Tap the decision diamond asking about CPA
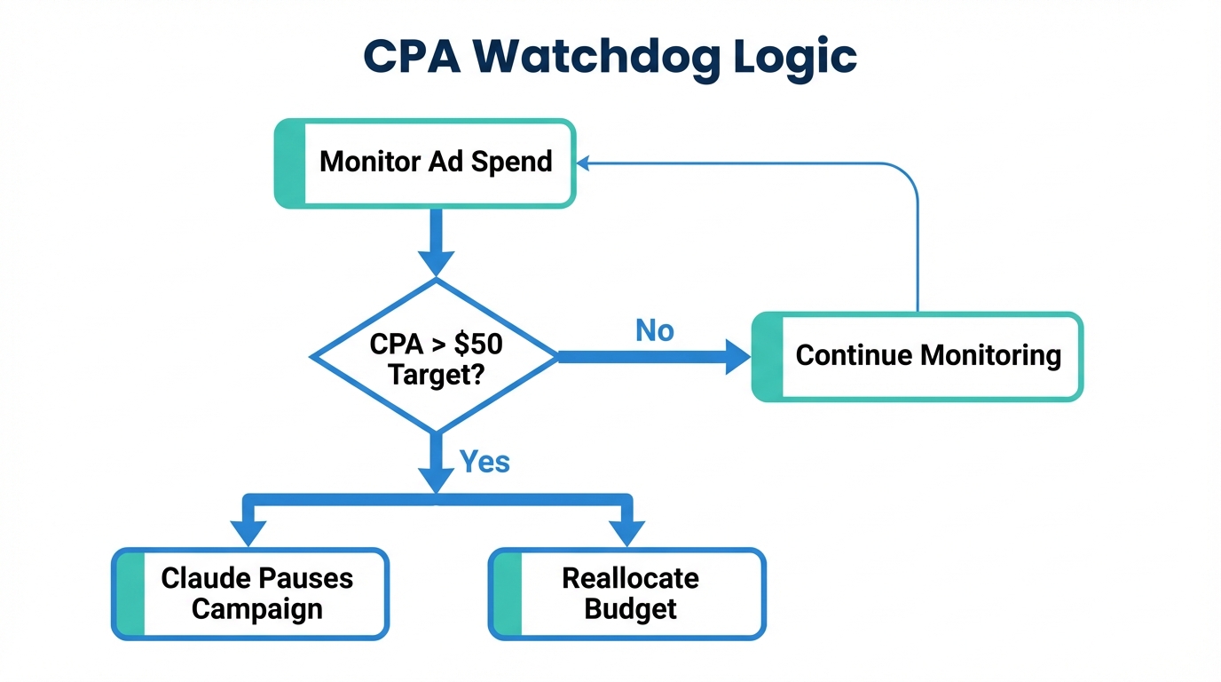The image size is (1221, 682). tap(435, 356)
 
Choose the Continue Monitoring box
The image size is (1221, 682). tap(918, 356)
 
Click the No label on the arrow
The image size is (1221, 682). tap(655, 330)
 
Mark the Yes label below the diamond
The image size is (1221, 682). tap(484, 461)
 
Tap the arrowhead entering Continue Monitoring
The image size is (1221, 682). tap(738, 357)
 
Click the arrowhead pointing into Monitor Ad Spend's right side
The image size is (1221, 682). tap(583, 163)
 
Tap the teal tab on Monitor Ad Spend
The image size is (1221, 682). tap(290, 163)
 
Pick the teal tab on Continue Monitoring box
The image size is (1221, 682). tap(768, 356)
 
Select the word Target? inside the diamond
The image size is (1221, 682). tap(435, 373)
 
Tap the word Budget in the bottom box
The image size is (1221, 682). tap(630, 609)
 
